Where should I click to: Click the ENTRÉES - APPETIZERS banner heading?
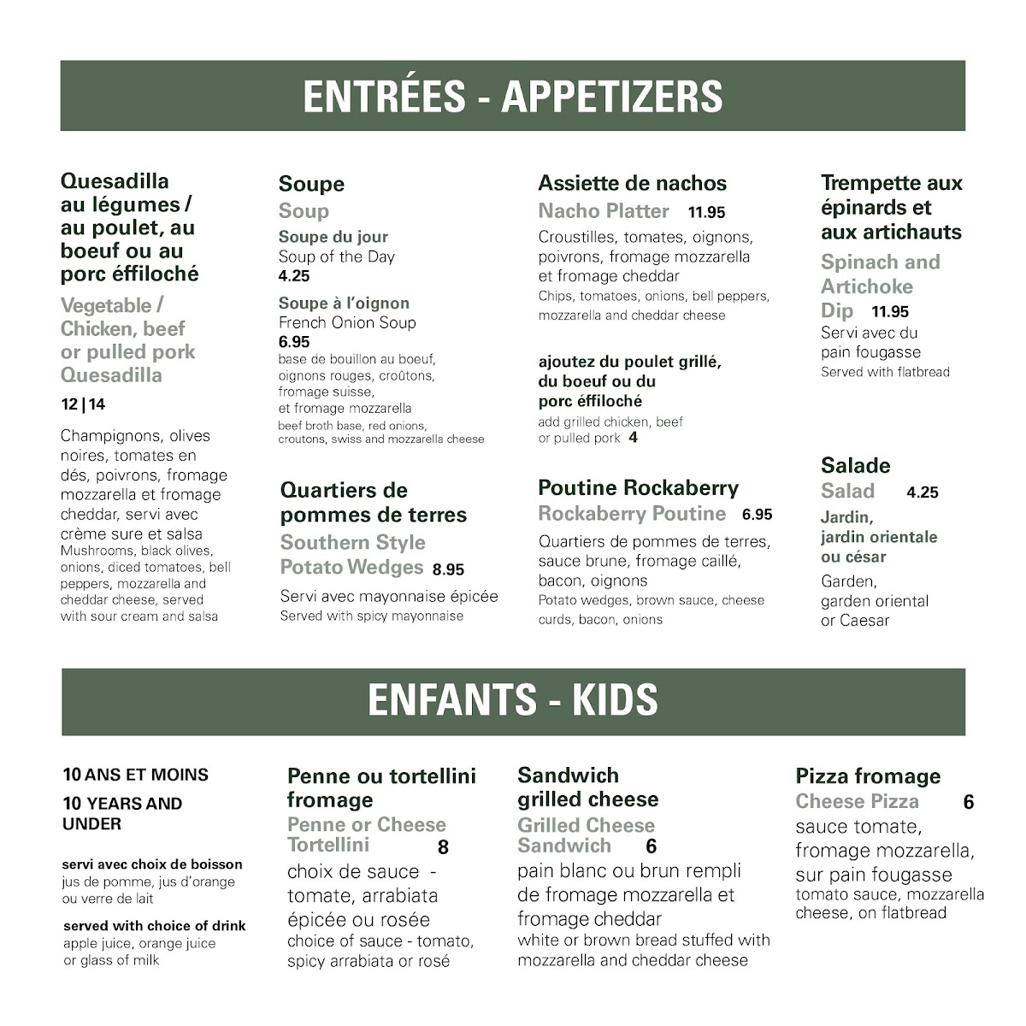point(513,97)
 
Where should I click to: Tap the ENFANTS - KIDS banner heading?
point(513,700)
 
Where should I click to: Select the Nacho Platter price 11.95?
point(706,213)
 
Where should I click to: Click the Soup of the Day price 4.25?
point(294,276)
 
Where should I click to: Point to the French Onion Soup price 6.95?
point(294,342)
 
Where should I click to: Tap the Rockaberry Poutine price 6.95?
point(757,515)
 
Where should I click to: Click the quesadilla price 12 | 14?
point(83,405)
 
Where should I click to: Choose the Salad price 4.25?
point(923,492)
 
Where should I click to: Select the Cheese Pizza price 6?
point(968,802)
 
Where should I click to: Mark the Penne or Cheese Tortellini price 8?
point(443,847)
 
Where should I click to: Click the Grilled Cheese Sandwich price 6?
point(651,846)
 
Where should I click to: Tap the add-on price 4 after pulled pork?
point(633,438)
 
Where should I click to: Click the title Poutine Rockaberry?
point(638,488)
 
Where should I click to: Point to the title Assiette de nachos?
point(632,183)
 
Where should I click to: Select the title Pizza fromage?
point(868,776)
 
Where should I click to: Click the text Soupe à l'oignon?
point(344,304)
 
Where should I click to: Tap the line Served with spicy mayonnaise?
point(372,616)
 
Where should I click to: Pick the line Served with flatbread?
point(885,372)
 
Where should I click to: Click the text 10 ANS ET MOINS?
point(135,775)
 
